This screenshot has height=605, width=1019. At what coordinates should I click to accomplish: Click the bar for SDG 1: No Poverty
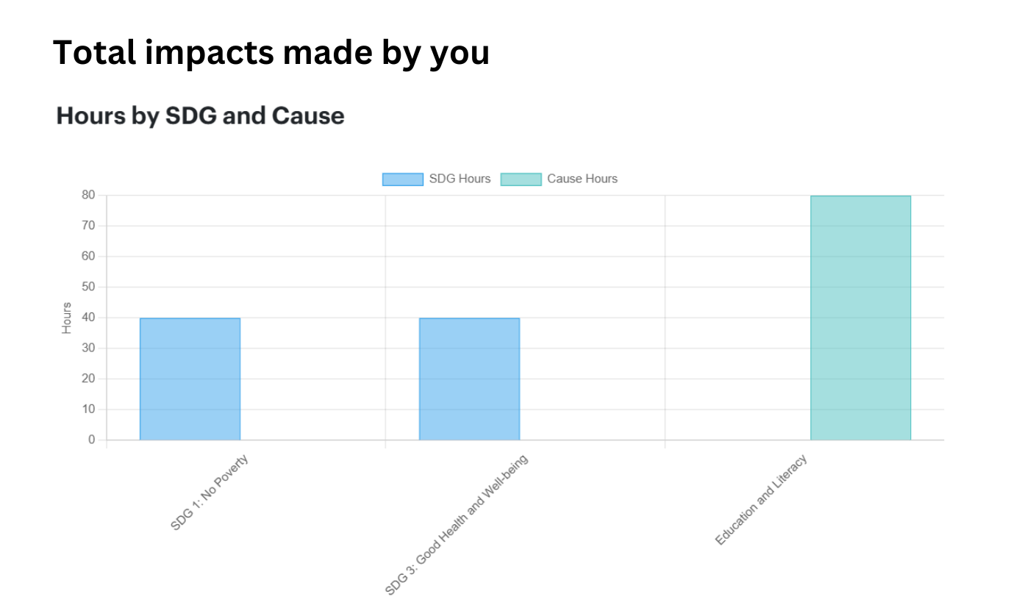pos(190,379)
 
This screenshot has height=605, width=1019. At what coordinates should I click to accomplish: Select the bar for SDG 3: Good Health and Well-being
pos(469,379)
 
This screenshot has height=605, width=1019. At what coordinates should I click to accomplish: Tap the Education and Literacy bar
pos(860,318)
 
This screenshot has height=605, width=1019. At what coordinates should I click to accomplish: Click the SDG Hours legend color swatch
pos(402,179)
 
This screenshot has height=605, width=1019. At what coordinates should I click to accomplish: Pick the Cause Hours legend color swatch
pos(521,179)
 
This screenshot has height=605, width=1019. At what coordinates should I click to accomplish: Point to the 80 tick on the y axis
pos(88,195)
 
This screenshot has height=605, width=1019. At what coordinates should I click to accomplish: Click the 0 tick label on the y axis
pos(92,440)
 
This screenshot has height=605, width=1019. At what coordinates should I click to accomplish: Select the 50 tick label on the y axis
pos(88,287)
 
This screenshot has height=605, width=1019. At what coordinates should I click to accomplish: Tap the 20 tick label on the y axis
pos(88,379)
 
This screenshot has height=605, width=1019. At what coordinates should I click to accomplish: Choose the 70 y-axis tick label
pos(88,226)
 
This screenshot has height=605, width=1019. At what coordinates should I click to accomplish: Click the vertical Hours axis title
pos(67,318)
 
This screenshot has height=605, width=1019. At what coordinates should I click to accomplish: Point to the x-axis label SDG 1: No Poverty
pos(210,493)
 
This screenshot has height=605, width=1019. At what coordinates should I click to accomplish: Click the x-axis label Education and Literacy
pos(761,500)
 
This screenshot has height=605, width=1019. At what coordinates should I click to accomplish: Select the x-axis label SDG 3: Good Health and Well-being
pos(457,525)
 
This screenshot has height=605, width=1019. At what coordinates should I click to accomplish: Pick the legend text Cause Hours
pos(582,179)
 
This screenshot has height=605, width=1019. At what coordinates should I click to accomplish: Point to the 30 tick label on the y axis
pos(88,348)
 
